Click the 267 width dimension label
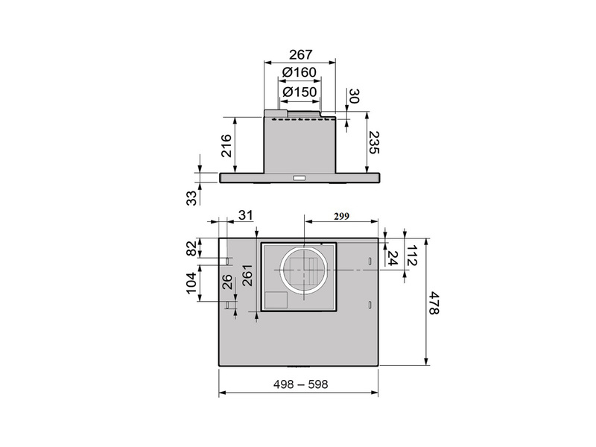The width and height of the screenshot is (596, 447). (x=300, y=54)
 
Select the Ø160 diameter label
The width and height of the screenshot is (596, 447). (x=299, y=72)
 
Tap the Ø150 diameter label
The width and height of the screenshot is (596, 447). (x=300, y=92)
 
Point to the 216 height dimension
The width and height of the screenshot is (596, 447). (x=226, y=145)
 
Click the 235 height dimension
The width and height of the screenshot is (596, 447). (x=375, y=142)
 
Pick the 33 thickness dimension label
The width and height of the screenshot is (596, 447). (x=192, y=197)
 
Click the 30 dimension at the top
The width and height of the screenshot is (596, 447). (x=354, y=96)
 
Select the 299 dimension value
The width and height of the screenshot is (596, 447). (x=341, y=216)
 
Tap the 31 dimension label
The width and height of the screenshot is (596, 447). (x=246, y=215)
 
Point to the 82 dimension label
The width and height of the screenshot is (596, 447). (x=192, y=248)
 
